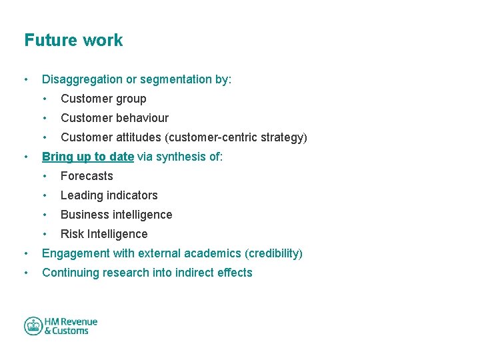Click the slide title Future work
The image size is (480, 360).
pyautogui.click(x=73, y=40)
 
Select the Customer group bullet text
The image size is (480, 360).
pyautogui.click(x=103, y=99)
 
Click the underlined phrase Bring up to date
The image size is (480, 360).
pyautogui.click(x=88, y=157)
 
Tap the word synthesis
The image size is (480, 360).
pyautogui.click(x=181, y=157)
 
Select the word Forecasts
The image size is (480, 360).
pyautogui.click(x=87, y=176)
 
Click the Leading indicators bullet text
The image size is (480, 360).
pyautogui.click(x=109, y=195)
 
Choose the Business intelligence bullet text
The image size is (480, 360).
pyautogui.click(x=116, y=215)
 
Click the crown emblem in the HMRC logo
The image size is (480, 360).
pyautogui.click(x=33, y=326)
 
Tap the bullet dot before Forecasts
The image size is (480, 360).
pyautogui.click(x=45, y=176)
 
